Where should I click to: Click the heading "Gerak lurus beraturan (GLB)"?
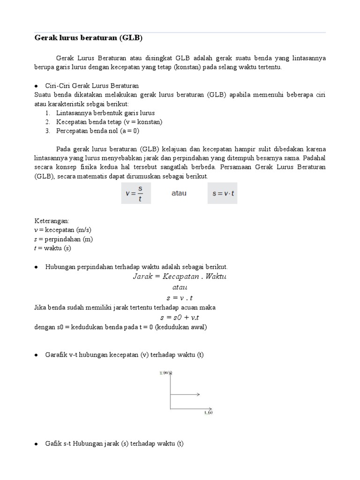click(x=88, y=37)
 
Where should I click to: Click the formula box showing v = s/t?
click(x=136, y=193)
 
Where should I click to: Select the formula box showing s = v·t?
click(x=222, y=193)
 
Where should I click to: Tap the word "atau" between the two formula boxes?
click(x=179, y=193)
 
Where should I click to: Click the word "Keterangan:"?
click(x=52, y=220)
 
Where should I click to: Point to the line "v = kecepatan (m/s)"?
click(x=63, y=230)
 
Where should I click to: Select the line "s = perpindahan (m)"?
click(x=64, y=239)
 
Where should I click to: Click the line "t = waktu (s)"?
click(x=52, y=248)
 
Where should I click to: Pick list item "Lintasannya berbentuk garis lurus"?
click(x=105, y=113)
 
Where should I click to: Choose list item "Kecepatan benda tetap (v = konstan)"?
click(x=109, y=122)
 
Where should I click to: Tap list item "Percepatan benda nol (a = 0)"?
click(x=97, y=131)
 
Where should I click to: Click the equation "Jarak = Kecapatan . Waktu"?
click(x=180, y=277)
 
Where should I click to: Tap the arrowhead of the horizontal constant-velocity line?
click(x=199, y=394)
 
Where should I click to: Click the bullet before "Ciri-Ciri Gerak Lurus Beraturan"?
click(x=36, y=86)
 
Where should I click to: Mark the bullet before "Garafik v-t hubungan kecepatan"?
click(x=36, y=355)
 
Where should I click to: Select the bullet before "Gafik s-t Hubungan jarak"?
click(x=36, y=443)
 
